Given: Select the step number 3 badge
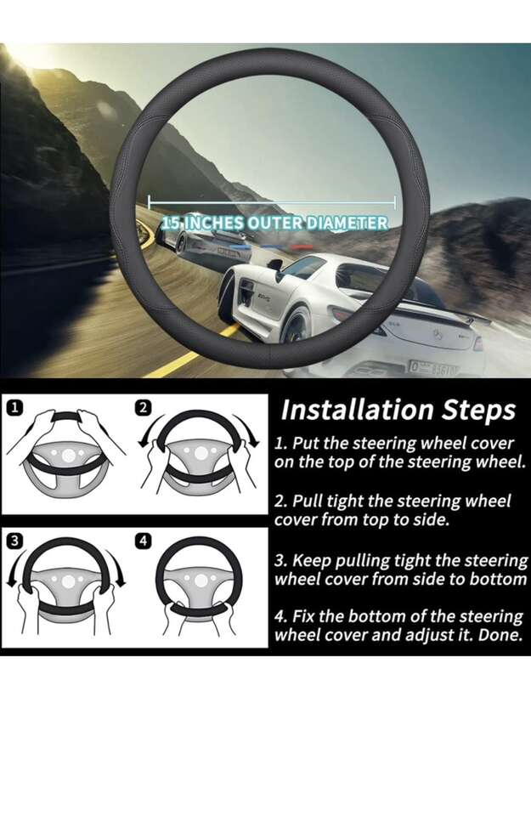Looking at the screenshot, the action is pyautogui.click(x=15, y=541).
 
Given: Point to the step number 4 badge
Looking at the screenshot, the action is pyautogui.click(x=143, y=541).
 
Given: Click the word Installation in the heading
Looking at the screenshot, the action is pyautogui.click(x=357, y=410).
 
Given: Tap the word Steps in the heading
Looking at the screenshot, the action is pyautogui.click(x=478, y=411).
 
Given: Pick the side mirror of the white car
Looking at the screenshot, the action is pyautogui.click(x=274, y=264).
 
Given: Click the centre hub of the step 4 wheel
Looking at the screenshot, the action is pyautogui.click(x=199, y=581).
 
